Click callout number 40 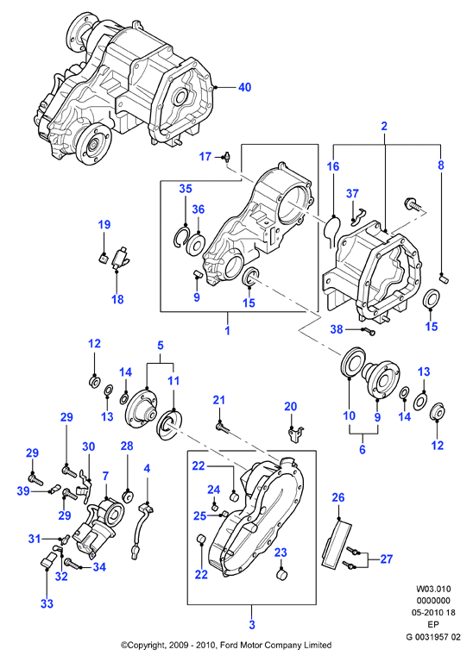pyautogui.click(x=245, y=87)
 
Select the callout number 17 pyautogui.click(x=205, y=157)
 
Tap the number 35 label pyautogui.click(x=186, y=188)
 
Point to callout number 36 pyautogui.click(x=199, y=209)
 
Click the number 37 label pyautogui.click(x=352, y=193)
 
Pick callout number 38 pyautogui.click(x=337, y=329)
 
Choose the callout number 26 pyautogui.click(x=338, y=497)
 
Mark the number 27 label pyautogui.click(x=387, y=559)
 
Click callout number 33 pyautogui.click(x=47, y=603)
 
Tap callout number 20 pyautogui.click(x=290, y=406)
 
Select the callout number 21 pyautogui.click(x=219, y=399)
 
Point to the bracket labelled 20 pyautogui.click(x=295, y=434)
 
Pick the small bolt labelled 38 pyautogui.click(x=369, y=332)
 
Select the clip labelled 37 pyautogui.click(x=358, y=215)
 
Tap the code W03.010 pyautogui.click(x=433, y=589)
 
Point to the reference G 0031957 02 pyautogui.click(x=433, y=637)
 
